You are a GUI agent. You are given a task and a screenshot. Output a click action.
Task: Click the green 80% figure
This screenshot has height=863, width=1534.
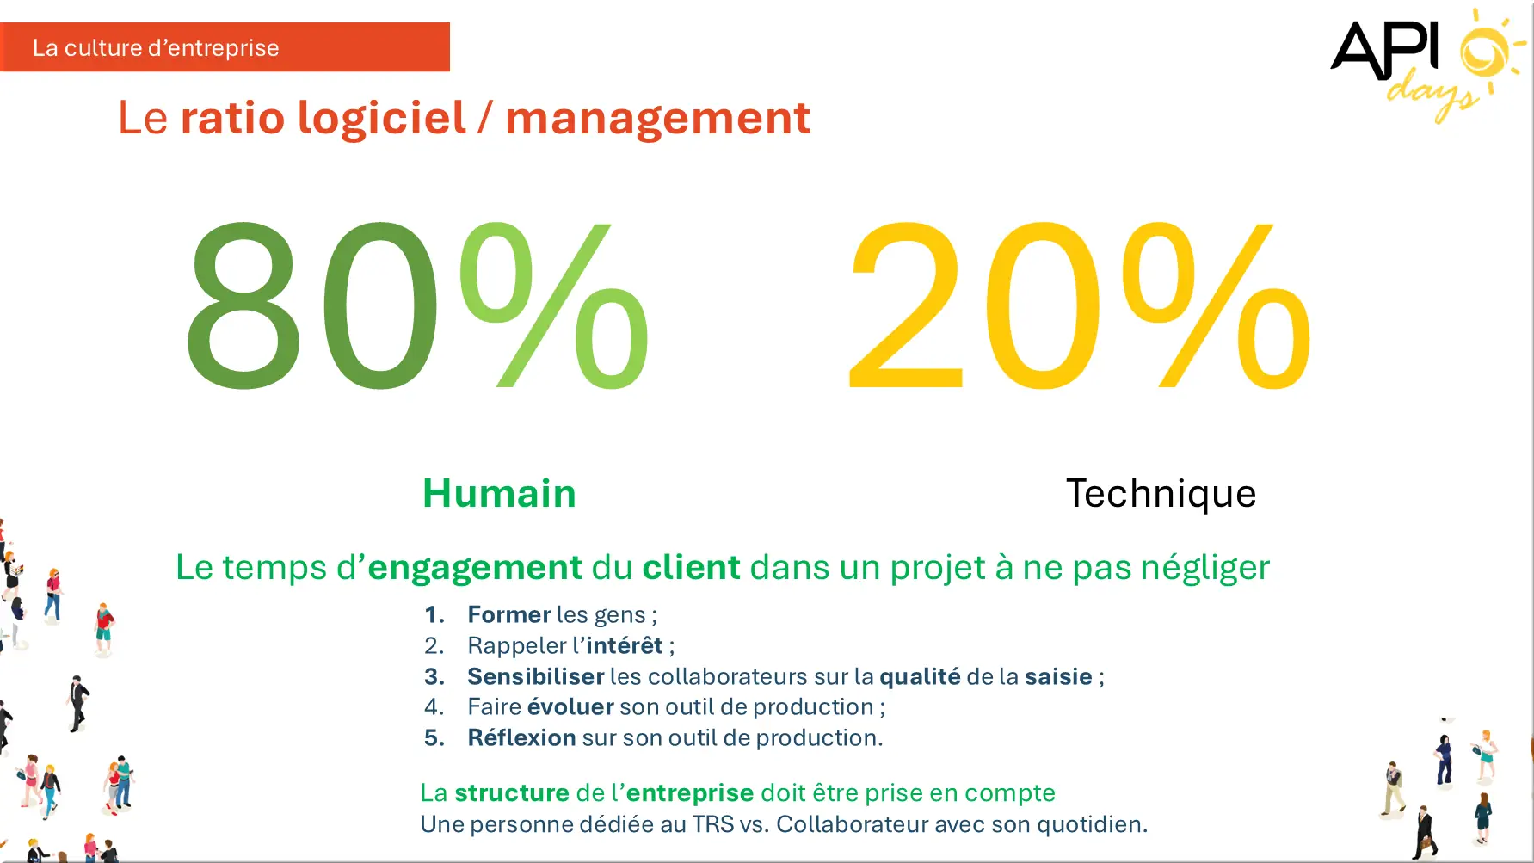click(417, 305)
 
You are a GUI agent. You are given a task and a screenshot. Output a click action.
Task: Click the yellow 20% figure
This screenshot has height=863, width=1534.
click(1080, 305)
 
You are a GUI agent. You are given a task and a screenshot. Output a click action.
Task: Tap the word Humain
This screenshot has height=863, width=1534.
click(499, 494)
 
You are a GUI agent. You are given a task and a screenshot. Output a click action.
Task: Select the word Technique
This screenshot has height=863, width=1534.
click(1161, 494)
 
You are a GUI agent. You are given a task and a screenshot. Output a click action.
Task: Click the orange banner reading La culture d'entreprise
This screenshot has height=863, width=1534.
click(225, 47)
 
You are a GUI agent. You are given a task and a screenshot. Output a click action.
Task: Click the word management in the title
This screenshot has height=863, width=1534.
click(657, 119)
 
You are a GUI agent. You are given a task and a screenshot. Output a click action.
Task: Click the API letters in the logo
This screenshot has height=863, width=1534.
click(1384, 50)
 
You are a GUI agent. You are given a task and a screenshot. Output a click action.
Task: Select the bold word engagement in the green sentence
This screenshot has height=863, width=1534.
click(475, 569)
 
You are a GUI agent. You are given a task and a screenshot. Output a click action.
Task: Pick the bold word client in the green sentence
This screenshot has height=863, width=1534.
click(691, 568)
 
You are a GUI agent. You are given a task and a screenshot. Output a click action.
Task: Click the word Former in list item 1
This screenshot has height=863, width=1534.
click(509, 614)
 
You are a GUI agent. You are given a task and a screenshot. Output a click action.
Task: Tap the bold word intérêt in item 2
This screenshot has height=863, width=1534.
click(625, 645)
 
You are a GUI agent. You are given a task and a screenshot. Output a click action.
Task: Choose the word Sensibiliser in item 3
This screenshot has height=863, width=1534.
click(536, 676)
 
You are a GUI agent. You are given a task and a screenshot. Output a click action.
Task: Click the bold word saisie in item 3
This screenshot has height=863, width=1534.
click(1058, 676)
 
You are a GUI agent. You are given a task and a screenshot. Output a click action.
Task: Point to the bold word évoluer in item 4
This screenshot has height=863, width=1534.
click(570, 706)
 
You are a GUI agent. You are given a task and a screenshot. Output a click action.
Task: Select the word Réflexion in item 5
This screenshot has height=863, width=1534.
click(522, 737)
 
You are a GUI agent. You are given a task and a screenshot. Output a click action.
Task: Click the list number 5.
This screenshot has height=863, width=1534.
click(434, 737)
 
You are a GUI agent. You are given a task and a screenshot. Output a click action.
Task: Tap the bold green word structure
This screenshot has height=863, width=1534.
click(512, 792)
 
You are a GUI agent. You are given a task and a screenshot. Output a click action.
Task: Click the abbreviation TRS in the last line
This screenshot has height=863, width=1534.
click(713, 824)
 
